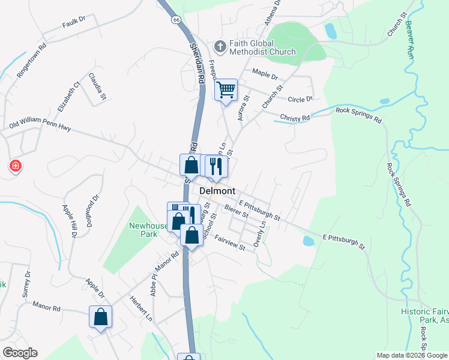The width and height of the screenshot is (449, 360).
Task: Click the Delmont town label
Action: point(217,190)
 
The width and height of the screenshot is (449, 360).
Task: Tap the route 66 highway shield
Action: point(175,20)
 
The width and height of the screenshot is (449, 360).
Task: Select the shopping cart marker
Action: point(226,91)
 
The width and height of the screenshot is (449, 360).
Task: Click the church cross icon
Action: point(220,46)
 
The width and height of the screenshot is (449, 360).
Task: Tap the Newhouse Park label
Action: point(148,230)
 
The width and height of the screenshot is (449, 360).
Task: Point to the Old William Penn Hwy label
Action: point(40,124)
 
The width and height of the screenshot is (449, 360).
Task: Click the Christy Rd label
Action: point(295,118)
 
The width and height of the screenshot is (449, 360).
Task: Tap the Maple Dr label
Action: point(265,76)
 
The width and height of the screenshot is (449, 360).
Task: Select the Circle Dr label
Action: point(301,99)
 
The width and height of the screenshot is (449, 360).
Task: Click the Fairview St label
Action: point(231,243)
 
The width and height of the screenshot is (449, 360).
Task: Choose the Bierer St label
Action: point(236,211)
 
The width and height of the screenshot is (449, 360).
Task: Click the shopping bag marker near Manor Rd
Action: point(101,317)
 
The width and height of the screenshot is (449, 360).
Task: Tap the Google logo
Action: point(20,353)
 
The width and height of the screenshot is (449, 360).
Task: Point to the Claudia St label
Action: point(97,86)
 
